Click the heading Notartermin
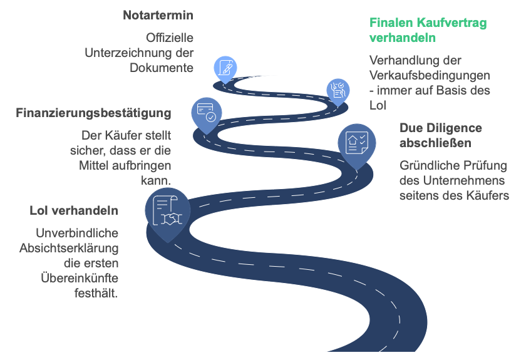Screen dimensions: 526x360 click(x=158, y=15)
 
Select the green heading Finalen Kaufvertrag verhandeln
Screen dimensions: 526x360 click(x=428, y=30)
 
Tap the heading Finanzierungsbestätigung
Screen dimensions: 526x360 click(x=93, y=113)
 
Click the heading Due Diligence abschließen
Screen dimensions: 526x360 click(x=441, y=135)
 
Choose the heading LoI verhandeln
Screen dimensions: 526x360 click(x=74, y=210)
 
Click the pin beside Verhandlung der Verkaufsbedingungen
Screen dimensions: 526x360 click(x=338, y=92)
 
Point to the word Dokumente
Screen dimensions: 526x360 click(x=162, y=68)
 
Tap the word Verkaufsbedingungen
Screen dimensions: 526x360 click(x=430, y=76)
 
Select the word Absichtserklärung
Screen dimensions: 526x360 click(x=69, y=249)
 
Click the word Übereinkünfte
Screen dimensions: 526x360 click(x=80, y=278)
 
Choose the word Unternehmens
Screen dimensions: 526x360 click(x=464, y=180)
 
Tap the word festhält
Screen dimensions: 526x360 click(x=96, y=293)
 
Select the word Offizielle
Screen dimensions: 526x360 click(x=170, y=38)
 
